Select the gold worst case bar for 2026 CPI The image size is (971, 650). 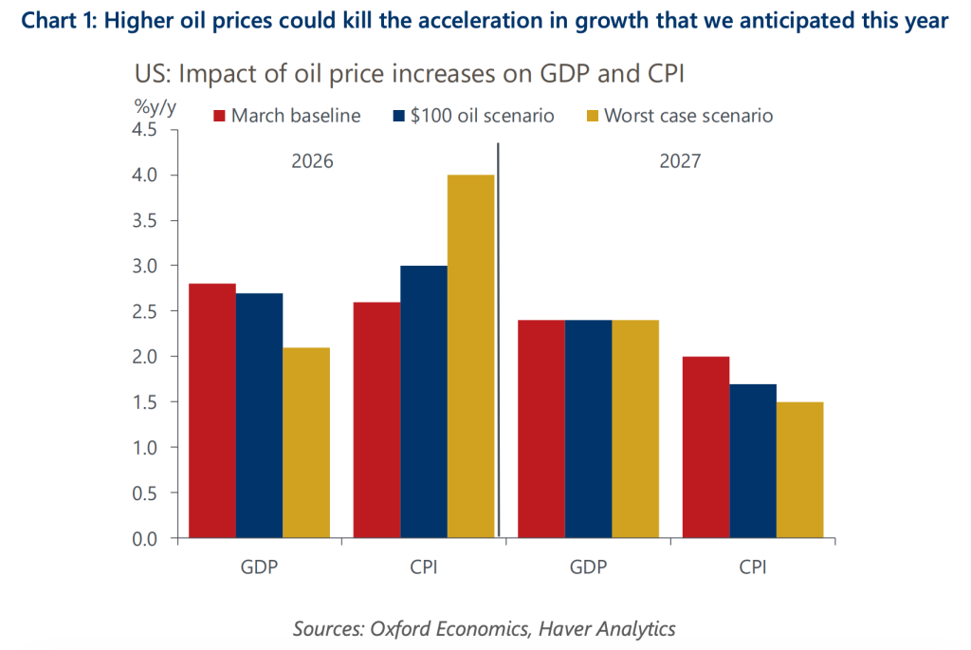pos(470,357)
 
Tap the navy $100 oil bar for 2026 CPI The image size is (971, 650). pos(424,402)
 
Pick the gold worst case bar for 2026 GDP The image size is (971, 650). pos(305,443)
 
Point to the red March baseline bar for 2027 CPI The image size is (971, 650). pos(705,447)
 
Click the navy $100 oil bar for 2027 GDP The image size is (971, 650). pos(588,429)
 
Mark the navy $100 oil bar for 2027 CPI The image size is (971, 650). pos(752,461)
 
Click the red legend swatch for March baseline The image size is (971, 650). pos(219,117)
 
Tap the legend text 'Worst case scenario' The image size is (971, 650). pos(688,117)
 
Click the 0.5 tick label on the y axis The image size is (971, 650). pos(149,493)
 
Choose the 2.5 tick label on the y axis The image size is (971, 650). pos(149,311)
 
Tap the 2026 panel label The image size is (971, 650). pos(311,161)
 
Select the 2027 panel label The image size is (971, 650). pos(679,161)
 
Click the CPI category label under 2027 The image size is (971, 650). pos(752,567)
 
